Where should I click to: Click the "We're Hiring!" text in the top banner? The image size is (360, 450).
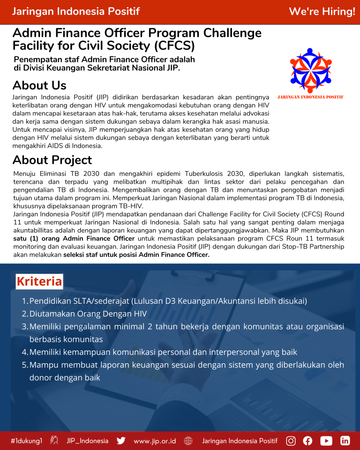click(x=322, y=12)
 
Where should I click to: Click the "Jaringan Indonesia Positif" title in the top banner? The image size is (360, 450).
click(x=75, y=12)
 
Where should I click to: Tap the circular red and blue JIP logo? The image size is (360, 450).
click(x=310, y=70)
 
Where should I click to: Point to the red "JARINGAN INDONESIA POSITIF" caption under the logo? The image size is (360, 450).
click(x=310, y=97)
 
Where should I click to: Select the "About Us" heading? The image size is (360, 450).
click(x=39, y=85)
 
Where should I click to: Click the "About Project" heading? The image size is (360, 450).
click(x=52, y=160)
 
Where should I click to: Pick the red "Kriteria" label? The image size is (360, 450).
click(x=39, y=281)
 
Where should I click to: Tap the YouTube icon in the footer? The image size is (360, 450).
click(x=326, y=441)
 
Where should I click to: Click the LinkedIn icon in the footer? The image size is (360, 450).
click(x=345, y=441)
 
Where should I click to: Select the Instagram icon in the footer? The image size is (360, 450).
click(x=291, y=441)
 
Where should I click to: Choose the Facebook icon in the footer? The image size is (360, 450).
click(x=307, y=441)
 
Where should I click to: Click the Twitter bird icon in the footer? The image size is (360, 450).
click(x=121, y=441)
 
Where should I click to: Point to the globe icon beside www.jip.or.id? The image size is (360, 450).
click(x=188, y=441)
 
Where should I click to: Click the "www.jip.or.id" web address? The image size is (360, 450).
click(x=155, y=441)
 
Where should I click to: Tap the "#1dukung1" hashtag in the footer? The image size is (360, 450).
click(x=27, y=441)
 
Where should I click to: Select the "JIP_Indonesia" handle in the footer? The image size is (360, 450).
click(x=87, y=441)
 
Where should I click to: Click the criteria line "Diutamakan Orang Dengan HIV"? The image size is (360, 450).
click(x=88, y=314)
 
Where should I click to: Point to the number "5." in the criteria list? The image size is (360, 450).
click(x=25, y=365)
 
